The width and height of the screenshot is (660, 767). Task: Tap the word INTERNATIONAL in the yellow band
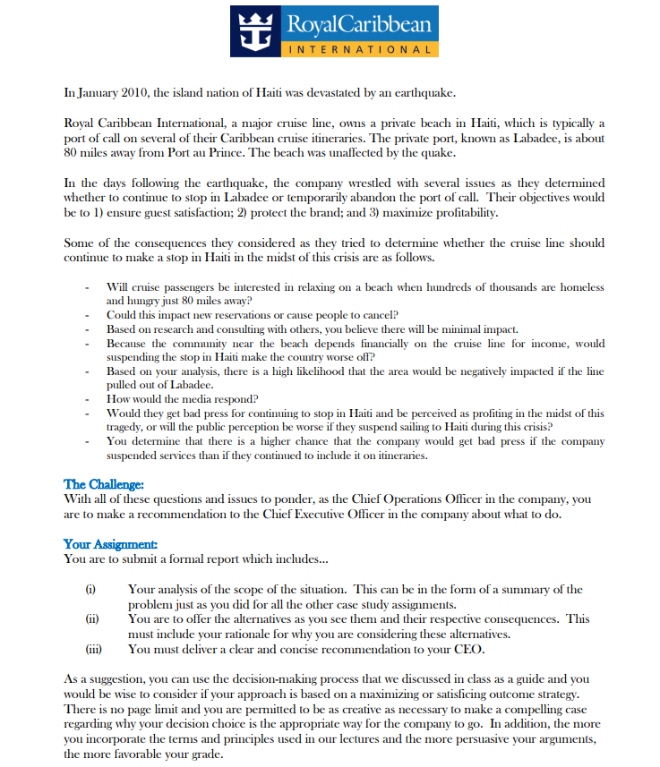click(x=361, y=50)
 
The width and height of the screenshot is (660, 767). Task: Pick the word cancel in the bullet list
click(x=379, y=315)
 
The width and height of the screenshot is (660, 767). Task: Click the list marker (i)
click(x=90, y=590)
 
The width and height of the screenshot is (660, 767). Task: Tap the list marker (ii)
click(x=91, y=618)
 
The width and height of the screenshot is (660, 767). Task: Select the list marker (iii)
click(x=93, y=649)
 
